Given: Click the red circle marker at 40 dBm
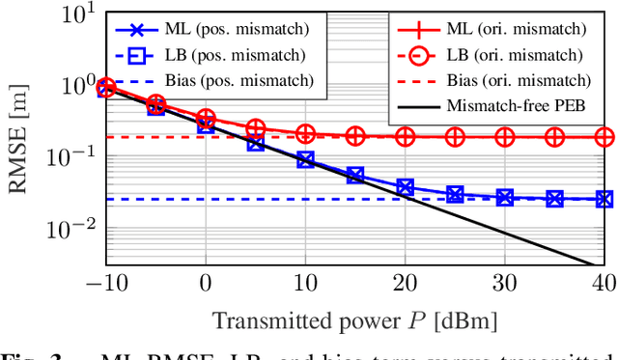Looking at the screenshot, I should click(x=604, y=137).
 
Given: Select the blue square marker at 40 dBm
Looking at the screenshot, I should click(x=604, y=200).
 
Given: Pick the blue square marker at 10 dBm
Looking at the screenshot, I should click(x=305, y=159).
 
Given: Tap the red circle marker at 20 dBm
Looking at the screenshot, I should click(x=406, y=137).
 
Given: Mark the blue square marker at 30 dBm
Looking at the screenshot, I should click(x=505, y=198).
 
